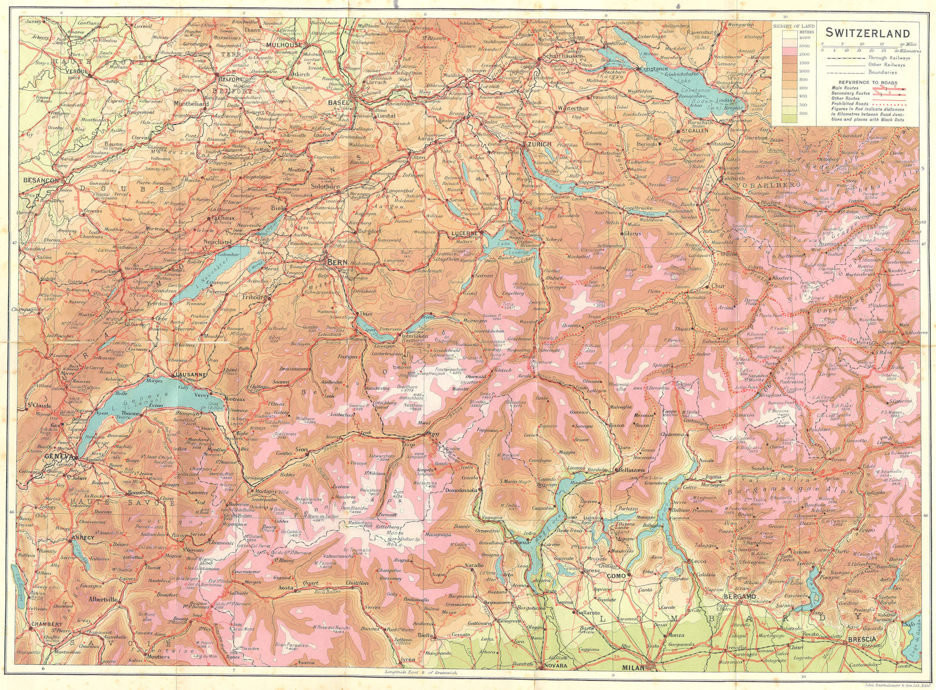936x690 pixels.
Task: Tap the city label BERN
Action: click(339, 262)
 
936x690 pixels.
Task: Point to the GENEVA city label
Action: click(60, 457)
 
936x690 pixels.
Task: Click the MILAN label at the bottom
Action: click(632, 668)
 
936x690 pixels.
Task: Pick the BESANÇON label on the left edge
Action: click(41, 181)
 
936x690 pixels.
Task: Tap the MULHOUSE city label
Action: click(284, 44)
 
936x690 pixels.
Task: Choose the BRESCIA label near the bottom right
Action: click(862, 640)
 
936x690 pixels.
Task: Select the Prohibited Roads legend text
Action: click(849, 104)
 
